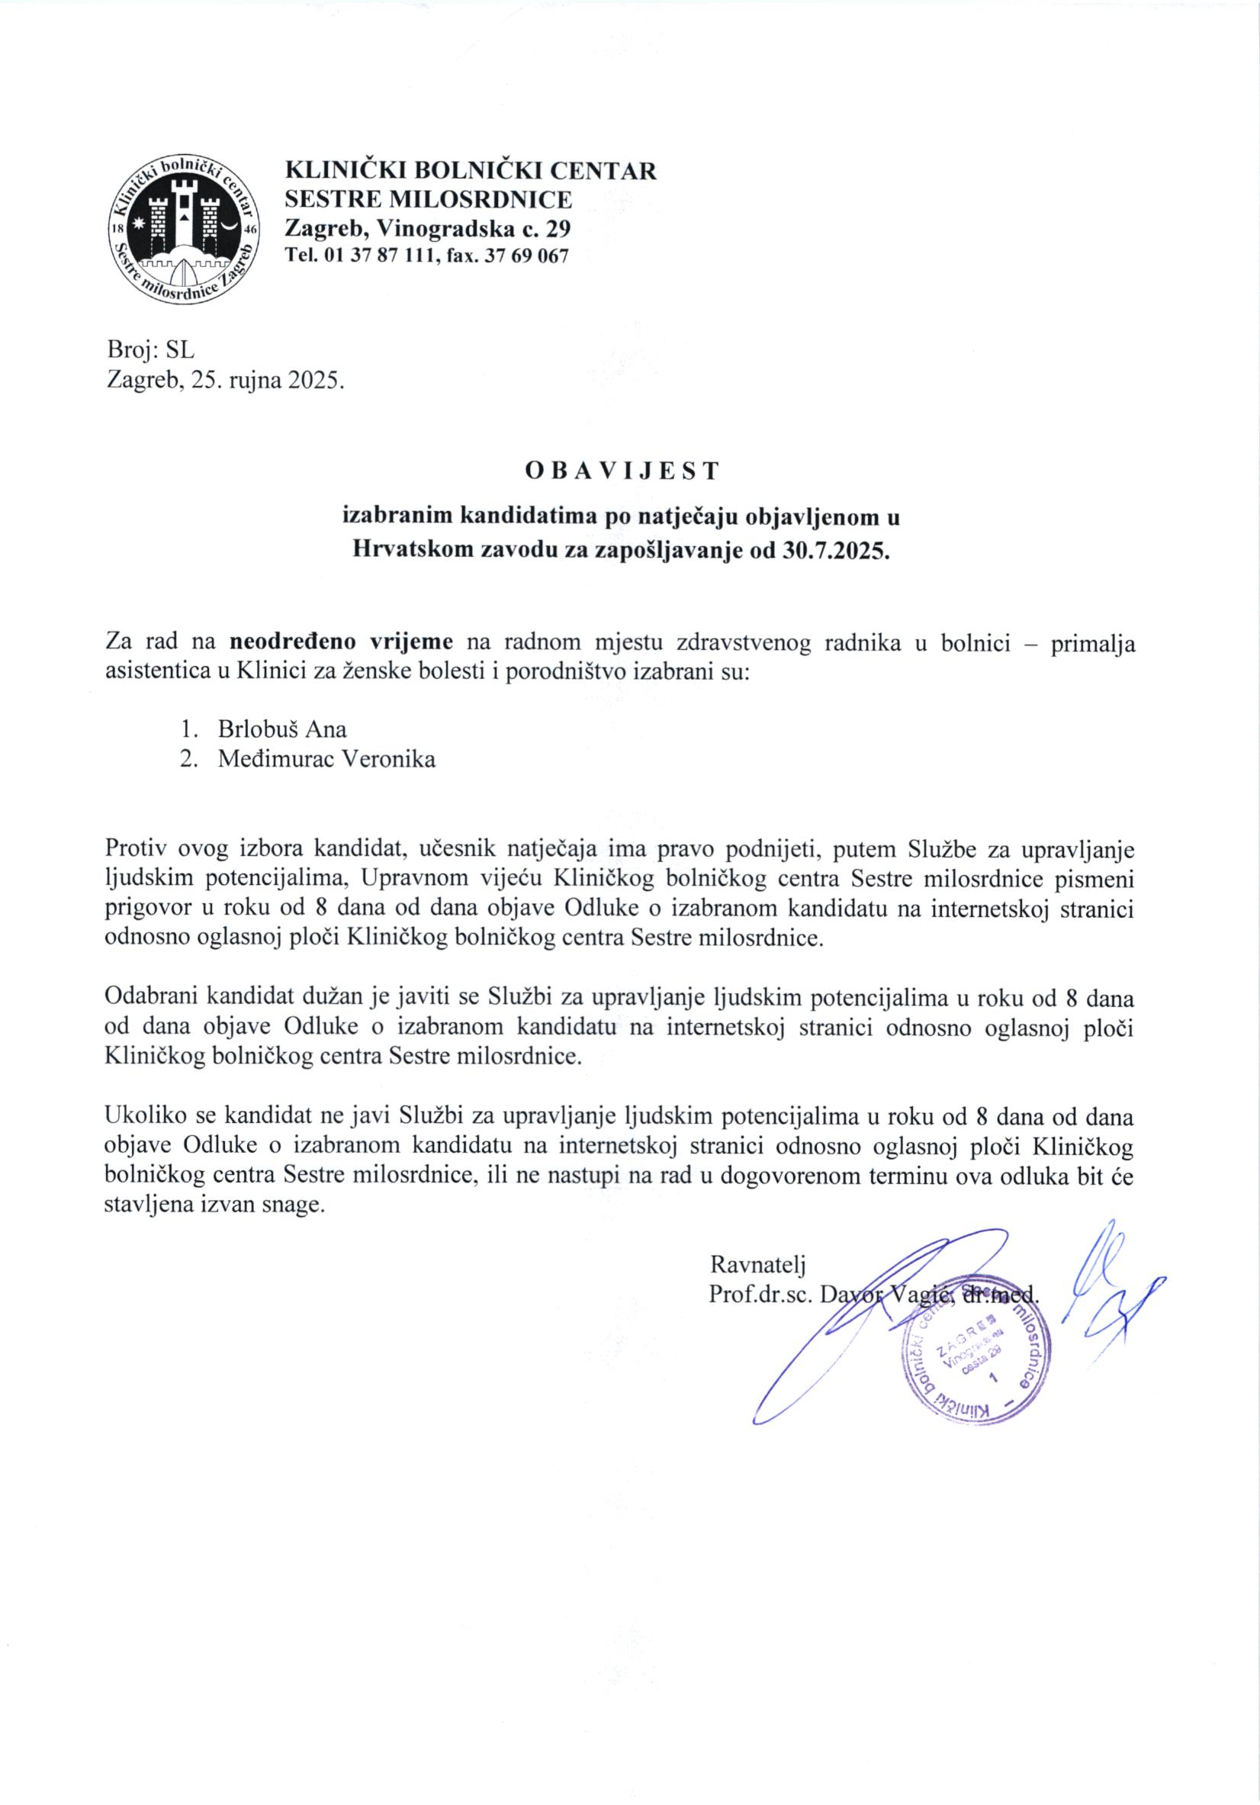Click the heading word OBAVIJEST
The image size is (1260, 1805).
pyautogui.click(x=621, y=470)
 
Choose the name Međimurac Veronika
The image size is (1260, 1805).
pyautogui.click(x=326, y=759)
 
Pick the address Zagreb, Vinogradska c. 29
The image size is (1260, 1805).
pyautogui.click(x=428, y=229)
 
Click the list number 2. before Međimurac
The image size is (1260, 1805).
pyautogui.click(x=188, y=759)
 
